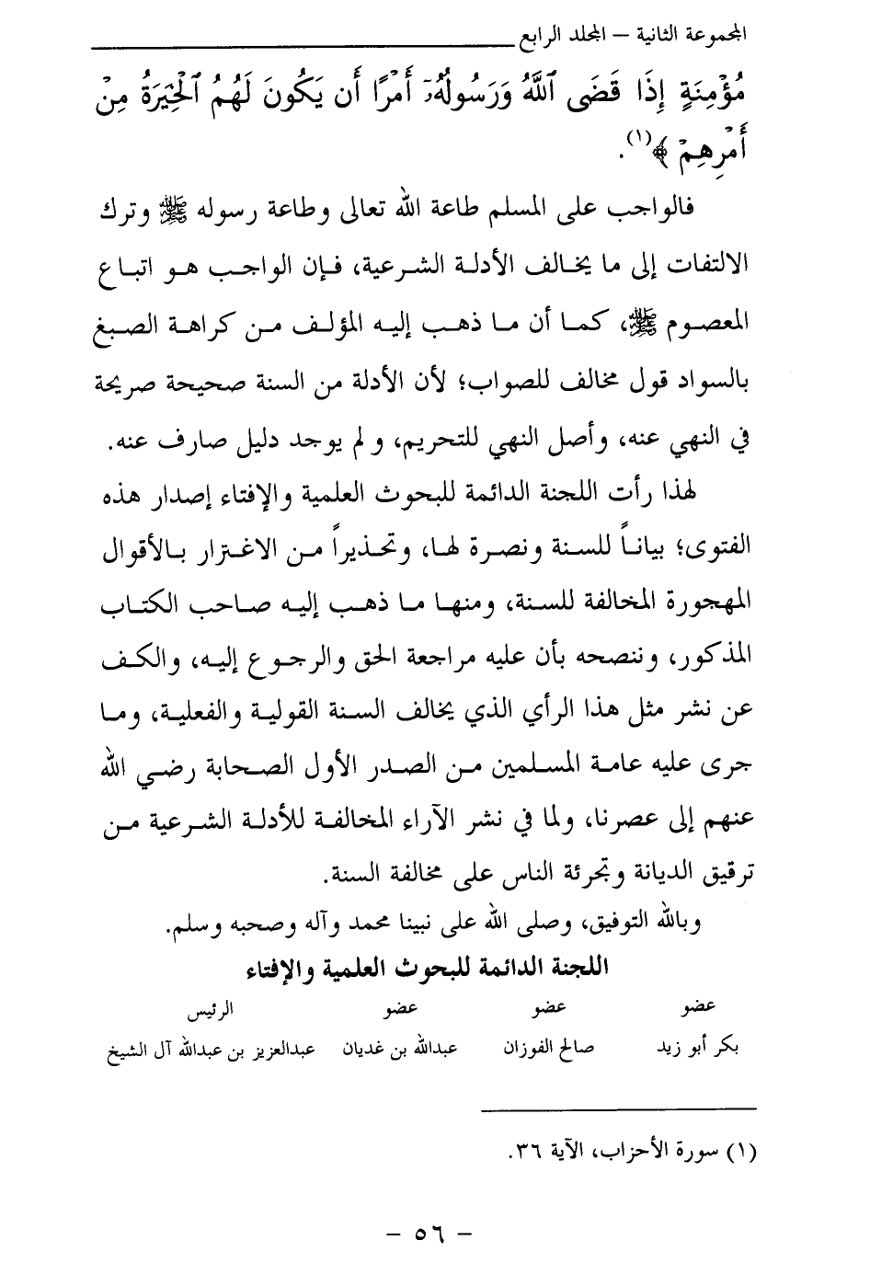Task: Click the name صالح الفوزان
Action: pyautogui.click(x=549, y=1049)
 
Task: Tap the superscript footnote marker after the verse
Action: pyautogui.click(x=636, y=140)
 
